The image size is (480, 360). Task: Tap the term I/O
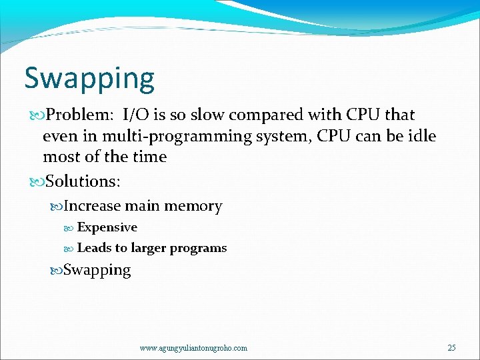pos(135,115)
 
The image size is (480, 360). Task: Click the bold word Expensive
pos(107,227)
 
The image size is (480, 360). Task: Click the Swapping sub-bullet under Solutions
pos(97,270)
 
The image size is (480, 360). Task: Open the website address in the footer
pos(193,348)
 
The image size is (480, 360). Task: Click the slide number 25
pos(451,348)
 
